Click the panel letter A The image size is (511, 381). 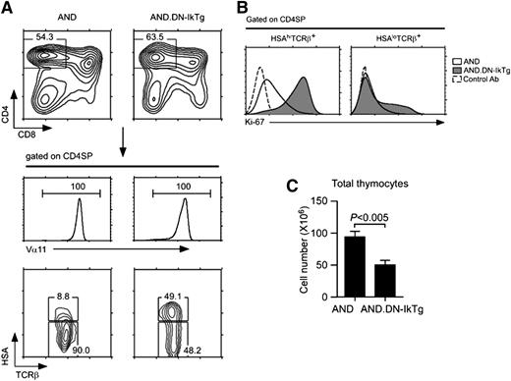[8, 8]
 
